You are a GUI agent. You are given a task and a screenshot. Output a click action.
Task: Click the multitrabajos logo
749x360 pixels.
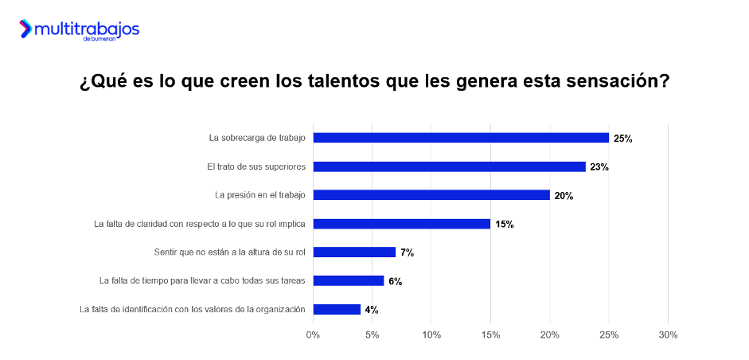coord(80,30)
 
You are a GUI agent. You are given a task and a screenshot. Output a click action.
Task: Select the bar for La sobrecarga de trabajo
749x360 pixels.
coord(461,138)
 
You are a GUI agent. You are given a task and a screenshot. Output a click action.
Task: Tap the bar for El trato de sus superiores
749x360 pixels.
coord(449,166)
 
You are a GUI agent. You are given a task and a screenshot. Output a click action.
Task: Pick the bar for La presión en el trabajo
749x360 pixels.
coord(431,195)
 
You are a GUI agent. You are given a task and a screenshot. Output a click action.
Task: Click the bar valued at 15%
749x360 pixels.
coord(402,224)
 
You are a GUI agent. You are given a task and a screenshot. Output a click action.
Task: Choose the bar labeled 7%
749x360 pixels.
coord(354,252)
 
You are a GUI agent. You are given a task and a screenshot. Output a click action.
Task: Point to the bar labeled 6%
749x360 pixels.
coord(349,280)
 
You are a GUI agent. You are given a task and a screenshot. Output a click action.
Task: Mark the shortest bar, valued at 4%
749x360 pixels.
coord(337,309)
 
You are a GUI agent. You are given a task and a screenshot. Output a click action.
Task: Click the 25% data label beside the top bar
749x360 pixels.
coord(622,139)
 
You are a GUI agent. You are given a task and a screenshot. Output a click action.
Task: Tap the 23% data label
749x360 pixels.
coord(599,167)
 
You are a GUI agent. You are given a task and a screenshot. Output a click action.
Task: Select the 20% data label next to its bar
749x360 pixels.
coord(564,196)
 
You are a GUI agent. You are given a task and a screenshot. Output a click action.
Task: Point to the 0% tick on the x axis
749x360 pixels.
coord(313,335)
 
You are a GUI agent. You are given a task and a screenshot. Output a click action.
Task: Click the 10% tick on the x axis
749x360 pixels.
coord(431,335)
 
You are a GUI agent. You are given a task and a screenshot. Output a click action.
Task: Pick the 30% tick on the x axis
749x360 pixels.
coord(668,335)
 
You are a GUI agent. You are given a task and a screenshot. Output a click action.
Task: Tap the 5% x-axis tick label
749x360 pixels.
coord(372,335)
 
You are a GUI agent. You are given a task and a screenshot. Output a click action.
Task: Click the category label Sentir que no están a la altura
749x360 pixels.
coord(230,252)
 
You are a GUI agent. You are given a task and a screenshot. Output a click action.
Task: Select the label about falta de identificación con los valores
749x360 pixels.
coord(193,309)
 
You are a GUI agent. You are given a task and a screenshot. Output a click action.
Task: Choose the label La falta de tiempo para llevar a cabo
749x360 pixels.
coord(203,280)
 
